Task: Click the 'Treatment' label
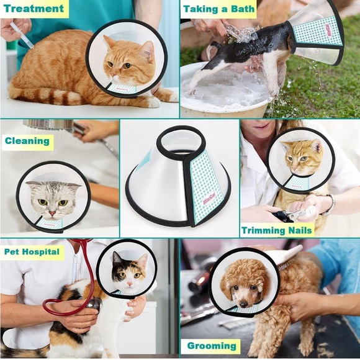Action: (x=34, y=9)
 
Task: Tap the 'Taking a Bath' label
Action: (x=218, y=9)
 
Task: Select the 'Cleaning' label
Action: (x=27, y=141)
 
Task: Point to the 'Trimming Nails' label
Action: (x=277, y=230)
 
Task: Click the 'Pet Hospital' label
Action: (x=32, y=251)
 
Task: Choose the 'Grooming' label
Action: (x=212, y=346)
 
